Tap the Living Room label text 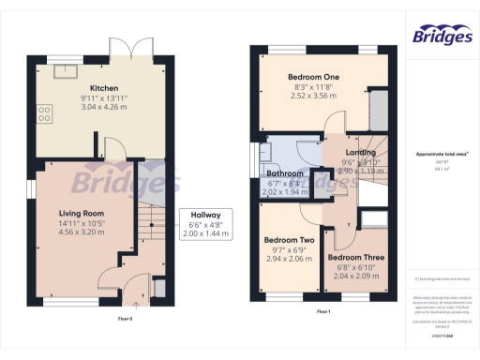81,213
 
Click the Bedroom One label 313,76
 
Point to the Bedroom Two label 289,239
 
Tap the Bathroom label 285,173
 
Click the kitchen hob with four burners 44,114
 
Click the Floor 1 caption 322,311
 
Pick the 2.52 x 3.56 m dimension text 313,95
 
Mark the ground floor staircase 146,225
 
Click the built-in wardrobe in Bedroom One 380,108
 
